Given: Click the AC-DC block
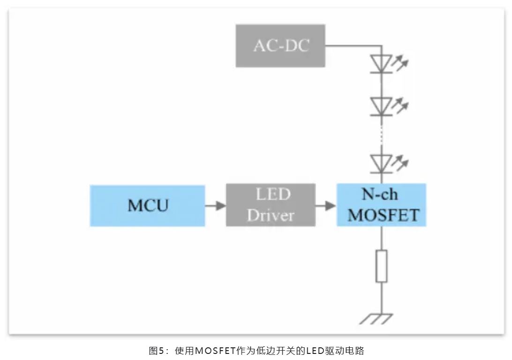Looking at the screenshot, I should (x=280, y=46).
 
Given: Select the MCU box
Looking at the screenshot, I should (x=147, y=206).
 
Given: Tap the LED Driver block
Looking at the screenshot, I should (x=271, y=206).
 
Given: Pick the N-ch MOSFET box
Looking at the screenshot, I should (x=381, y=205).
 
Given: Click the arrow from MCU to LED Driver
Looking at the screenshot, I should (x=215, y=205).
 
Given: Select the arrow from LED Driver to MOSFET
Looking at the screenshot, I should (x=326, y=205).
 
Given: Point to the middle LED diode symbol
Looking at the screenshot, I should (x=381, y=105).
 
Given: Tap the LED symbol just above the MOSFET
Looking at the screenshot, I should (x=381, y=162).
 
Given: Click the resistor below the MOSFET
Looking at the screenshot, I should (x=382, y=266).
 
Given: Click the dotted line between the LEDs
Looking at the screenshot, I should (x=382, y=135).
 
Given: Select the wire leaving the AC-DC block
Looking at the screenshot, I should (x=352, y=45).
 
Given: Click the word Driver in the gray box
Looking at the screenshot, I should (x=271, y=216).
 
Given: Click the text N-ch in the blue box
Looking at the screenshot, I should (x=380, y=194).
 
